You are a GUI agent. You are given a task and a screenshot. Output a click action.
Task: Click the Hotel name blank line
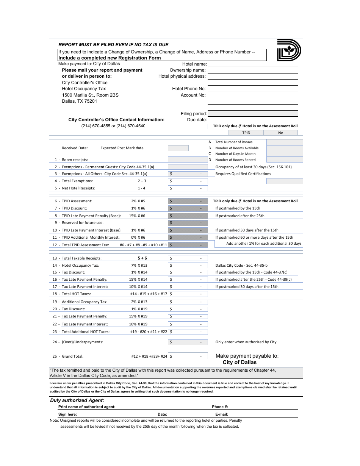[x=252, y=64]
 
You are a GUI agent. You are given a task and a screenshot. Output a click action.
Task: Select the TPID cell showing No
[x=280, y=133]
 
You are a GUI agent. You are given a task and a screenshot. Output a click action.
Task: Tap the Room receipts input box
[x=188, y=160]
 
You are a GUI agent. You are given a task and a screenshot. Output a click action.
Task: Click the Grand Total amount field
[x=188, y=356]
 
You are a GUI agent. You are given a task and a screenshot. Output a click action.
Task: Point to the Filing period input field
[x=252, y=114]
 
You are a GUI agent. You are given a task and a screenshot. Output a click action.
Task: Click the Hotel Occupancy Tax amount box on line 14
[x=188, y=266]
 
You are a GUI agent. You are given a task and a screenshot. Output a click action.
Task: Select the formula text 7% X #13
[x=139, y=266]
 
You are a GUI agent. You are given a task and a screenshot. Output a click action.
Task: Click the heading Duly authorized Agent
[x=77, y=400]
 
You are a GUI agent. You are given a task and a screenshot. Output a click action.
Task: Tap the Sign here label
[x=67, y=414]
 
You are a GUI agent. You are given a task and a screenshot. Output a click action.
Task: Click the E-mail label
[x=221, y=414]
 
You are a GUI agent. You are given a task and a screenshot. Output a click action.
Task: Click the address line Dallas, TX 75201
[x=80, y=101]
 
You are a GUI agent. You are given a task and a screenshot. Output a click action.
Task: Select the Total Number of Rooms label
[x=233, y=142]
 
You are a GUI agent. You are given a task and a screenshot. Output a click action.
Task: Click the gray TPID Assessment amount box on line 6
[x=188, y=201]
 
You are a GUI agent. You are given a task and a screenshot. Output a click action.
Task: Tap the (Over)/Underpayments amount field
[x=188, y=342]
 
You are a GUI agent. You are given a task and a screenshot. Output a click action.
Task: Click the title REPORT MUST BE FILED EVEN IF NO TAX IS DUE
[x=113, y=44]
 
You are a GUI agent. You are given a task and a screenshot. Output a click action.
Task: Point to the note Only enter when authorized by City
[x=246, y=342]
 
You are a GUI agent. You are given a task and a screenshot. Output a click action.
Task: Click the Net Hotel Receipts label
[x=78, y=188]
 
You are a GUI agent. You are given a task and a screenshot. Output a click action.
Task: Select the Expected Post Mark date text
[x=122, y=148]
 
